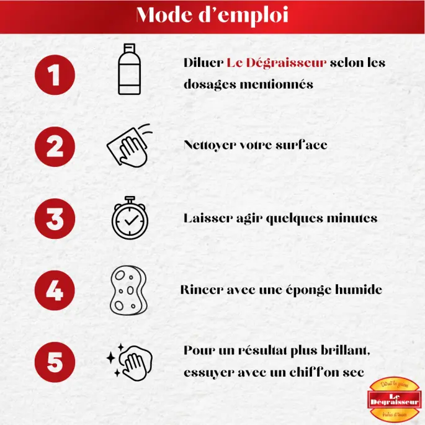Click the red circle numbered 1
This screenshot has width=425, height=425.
(x=55, y=76)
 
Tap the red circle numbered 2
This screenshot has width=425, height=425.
(x=55, y=148)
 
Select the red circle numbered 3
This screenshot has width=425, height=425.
(x=55, y=219)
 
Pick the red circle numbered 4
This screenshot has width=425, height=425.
(x=55, y=290)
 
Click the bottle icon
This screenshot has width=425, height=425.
(x=128, y=69)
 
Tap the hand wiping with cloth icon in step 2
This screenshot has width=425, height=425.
(x=128, y=146)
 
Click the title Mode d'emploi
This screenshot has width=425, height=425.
(x=212, y=15)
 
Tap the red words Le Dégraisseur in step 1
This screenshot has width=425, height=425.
(x=276, y=63)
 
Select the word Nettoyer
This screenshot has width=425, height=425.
(x=210, y=146)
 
